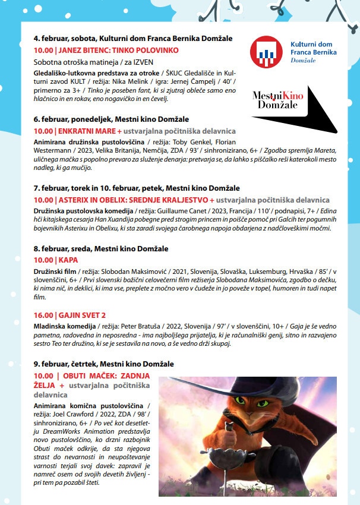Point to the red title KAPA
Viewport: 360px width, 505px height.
point(68,260)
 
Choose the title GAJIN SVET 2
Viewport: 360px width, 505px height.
point(83,315)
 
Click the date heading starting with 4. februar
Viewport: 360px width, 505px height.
point(132,39)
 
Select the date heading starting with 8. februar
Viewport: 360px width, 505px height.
point(101,248)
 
